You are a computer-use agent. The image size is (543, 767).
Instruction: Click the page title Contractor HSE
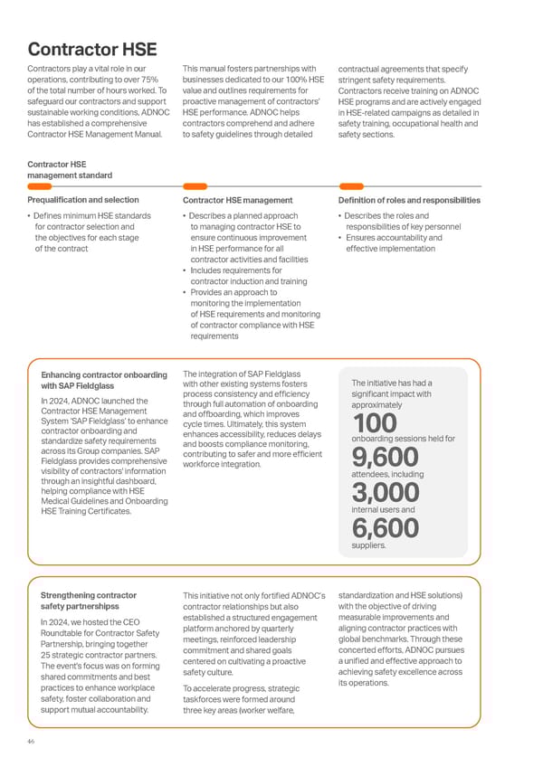tap(91, 48)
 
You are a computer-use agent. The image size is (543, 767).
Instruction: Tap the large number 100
tap(374, 422)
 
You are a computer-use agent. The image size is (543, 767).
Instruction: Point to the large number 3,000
tap(385, 493)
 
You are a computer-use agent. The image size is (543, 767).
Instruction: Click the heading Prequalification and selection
tap(83, 200)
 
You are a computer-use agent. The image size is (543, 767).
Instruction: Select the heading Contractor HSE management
tap(237, 200)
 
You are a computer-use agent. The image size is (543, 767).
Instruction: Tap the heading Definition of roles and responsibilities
tap(409, 200)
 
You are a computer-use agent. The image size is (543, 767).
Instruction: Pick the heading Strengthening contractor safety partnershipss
tap(89, 601)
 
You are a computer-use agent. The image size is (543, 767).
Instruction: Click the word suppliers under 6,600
tap(367, 545)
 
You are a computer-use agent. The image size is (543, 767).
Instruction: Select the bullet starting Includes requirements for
tap(235, 276)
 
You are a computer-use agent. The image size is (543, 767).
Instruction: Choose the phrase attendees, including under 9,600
tap(382, 474)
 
